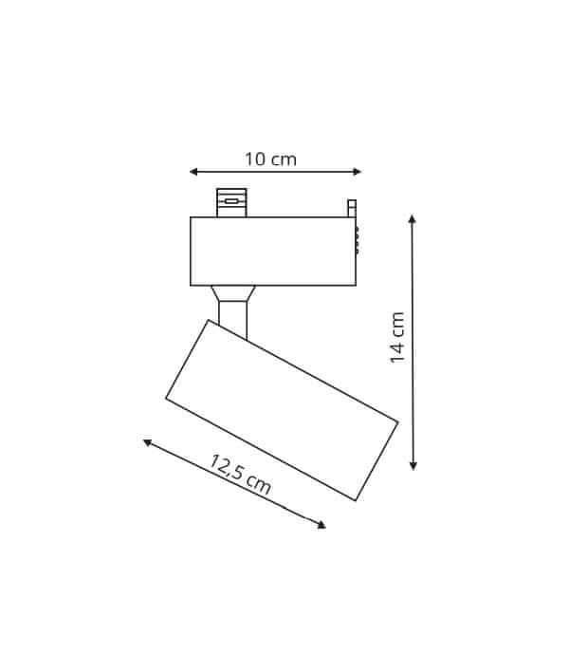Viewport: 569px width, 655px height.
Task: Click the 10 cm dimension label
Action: pyautogui.click(x=270, y=159)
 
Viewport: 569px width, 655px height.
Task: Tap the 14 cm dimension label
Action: pyautogui.click(x=397, y=338)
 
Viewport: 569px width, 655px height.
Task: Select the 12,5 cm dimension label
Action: pyautogui.click(x=240, y=475)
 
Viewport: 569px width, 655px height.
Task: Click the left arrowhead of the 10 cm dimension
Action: pyautogui.click(x=193, y=172)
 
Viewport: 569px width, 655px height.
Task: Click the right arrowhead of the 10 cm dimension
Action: pyautogui.click(x=358, y=172)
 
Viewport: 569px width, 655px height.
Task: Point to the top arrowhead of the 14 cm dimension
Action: pyautogui.click(x=413, y=219)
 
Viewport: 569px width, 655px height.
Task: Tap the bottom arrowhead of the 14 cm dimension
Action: pyautogui.click(x=413, y=466)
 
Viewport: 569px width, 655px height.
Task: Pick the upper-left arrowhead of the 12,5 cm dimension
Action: pyautogui.click(x=147, y=442)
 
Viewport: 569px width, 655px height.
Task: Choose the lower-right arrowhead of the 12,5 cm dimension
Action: pyautogui.click(x=321, y=525)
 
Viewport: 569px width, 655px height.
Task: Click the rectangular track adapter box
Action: pyautogui.click(x=273, y=252)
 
